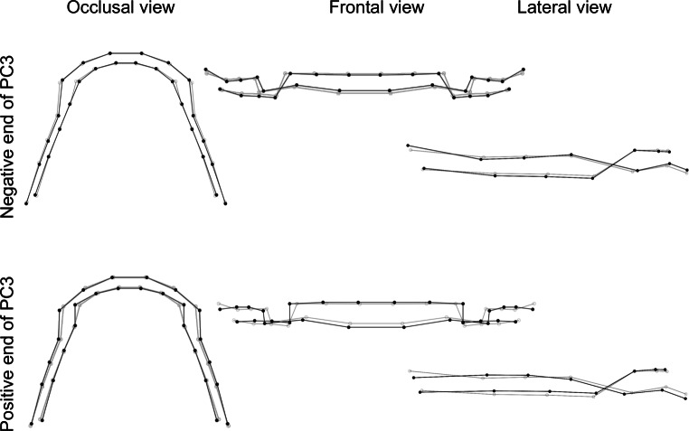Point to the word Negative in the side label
coord(9,181)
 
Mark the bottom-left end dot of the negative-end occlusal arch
coord(26,204)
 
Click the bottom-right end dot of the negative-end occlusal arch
coord(224,204)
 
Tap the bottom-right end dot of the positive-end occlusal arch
coord(227,424)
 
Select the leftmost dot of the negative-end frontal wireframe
coord(205,69)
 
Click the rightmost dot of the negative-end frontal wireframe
coord(524,69)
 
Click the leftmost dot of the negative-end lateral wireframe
coord(409,145)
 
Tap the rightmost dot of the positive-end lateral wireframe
coord(687,396)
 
